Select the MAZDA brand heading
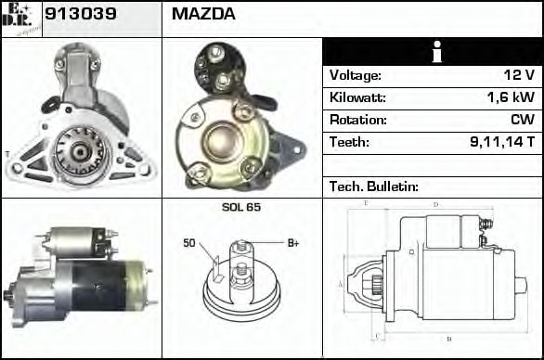[203, 15]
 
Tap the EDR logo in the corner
[21, 18]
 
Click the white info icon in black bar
[432, 53]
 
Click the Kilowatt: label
[356, 97]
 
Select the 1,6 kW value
[512, 97]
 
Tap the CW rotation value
[523, 120]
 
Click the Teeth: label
[349, 142]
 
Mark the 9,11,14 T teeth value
[503, 142]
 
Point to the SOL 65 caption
[241, 207]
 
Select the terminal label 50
[188, 244]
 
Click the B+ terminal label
[292, 243]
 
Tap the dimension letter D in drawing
[435, 204]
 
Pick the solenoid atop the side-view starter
[75, 242]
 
